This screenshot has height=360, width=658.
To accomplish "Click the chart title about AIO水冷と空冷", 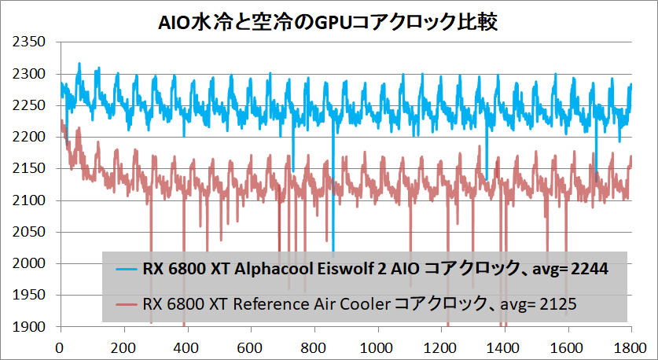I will (x=329, y=21).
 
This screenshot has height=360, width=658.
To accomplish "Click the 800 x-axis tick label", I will (x=314, y=346).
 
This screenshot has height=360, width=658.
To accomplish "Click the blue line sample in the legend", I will (x=126, y=270).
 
